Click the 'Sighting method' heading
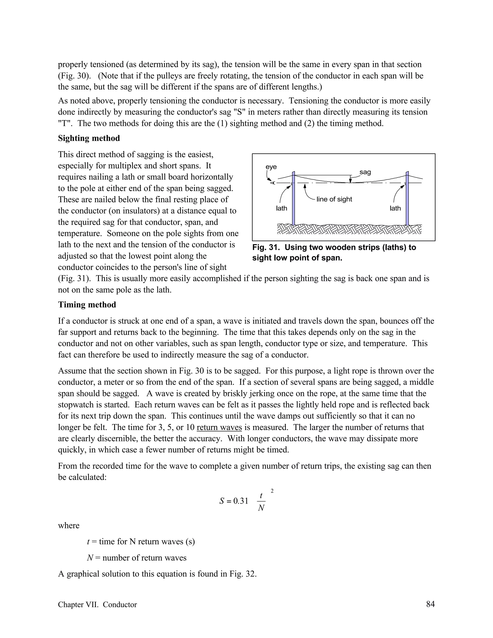(89, 138)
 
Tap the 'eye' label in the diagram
(271, 167)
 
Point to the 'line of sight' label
(334, 199)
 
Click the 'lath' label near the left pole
(282, 208)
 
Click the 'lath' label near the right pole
(395, 208)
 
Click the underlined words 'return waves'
(219, 427)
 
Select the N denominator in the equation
(261, 508)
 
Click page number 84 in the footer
(430, 604)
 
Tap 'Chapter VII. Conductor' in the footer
(97, 605)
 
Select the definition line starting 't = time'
(141, 542)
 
